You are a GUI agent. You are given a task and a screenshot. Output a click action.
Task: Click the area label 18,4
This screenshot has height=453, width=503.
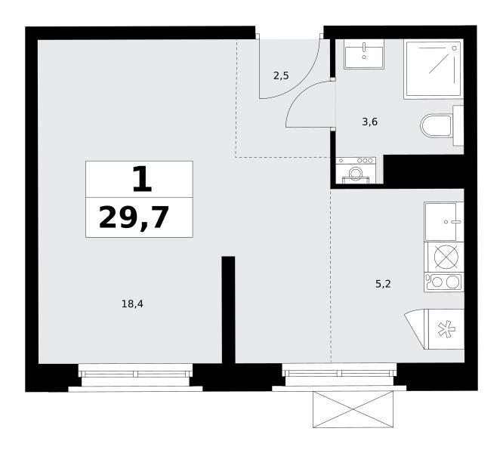point(132,304)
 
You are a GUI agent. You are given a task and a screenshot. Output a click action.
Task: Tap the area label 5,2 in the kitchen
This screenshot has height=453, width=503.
point(383,284)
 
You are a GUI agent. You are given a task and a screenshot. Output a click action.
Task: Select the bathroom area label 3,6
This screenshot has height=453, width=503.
point(369,122)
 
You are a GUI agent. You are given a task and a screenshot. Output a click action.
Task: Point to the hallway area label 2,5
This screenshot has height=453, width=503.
point(281,75)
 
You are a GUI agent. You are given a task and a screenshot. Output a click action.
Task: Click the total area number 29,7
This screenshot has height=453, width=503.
point(134,217)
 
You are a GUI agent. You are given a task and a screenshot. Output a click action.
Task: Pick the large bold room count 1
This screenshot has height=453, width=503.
point(142,180)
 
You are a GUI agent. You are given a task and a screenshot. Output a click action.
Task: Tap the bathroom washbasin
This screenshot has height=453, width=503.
point(364,54)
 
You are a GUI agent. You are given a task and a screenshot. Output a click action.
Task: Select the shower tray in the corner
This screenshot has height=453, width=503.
point(434,69)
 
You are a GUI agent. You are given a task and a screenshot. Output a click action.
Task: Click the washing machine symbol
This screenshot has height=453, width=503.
point(356,171)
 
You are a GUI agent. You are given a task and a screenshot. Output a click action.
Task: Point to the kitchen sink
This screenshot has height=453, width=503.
point(443,221)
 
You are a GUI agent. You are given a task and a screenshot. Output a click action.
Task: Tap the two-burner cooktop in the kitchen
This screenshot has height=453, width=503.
point(443,282)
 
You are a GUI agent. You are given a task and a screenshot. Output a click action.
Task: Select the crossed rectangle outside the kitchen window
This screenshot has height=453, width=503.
point(353,409)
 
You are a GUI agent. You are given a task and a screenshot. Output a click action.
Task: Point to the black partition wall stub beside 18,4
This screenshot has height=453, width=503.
point(228,310)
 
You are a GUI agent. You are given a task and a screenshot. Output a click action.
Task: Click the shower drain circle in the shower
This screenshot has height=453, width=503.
point(454,48)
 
